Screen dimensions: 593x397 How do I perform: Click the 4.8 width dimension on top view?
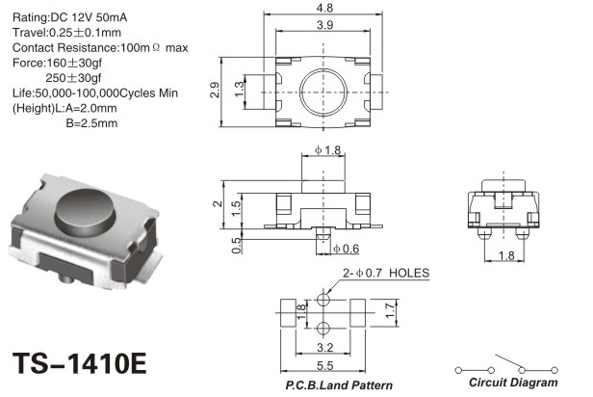coord(324,8)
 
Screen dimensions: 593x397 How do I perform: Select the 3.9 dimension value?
coord(324,25)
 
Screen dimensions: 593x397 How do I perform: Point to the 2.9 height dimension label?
coord(215,90)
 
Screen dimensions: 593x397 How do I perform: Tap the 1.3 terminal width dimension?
coord(240,90)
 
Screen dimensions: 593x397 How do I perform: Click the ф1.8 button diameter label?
coord(327,150)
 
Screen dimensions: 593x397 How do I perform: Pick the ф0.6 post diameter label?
coord(346,249)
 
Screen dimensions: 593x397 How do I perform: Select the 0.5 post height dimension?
coord(236,246)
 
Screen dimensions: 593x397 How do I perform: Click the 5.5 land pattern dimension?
coord(324,365)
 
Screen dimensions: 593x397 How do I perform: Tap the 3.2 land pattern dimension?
coord(324,347)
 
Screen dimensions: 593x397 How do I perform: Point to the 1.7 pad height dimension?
coord(390,310)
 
